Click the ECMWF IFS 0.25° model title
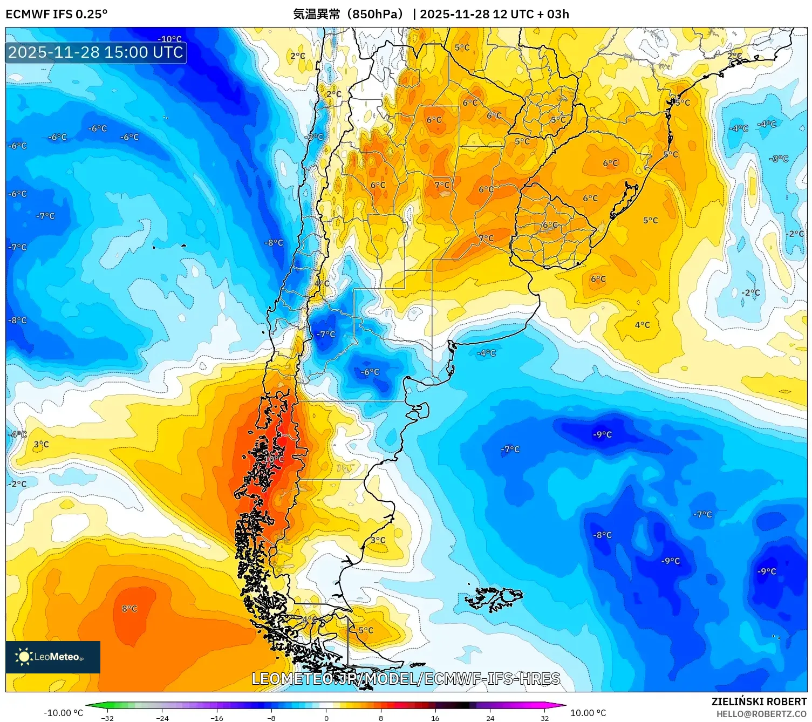(x=57, y=14)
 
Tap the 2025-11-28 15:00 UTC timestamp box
(x=96, y=52)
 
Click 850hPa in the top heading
(x=372, y=14)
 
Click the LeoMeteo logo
(x=53, y=657)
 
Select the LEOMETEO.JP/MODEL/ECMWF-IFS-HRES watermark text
(x=406, y=679)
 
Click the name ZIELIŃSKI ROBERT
(x=759, y=701)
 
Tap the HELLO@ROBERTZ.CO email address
(x=761, y=714)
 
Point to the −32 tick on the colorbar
(x=107, y=718)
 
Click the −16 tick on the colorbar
(x=216, y=718)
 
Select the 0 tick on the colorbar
(x=326, y=718)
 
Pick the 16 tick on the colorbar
(x=435, y=718)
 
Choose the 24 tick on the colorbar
(x=490, y=718)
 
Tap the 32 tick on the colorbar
(x=544, y=718)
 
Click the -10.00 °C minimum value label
(x=63, y=713)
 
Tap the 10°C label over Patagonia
(x=274, y=459)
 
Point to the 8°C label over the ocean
(x=129, y=609)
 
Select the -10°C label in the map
(x=169, y=39)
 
